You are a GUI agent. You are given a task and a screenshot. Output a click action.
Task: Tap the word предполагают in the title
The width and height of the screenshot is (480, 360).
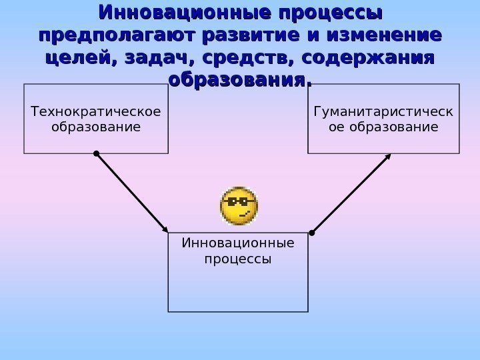(109, 35)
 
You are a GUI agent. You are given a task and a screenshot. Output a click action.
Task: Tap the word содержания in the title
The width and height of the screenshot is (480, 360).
(367, 58)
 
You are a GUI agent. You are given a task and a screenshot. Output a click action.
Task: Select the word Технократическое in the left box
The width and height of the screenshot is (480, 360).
(96, 111)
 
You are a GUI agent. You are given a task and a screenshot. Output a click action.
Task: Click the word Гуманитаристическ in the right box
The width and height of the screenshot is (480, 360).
(383, 111)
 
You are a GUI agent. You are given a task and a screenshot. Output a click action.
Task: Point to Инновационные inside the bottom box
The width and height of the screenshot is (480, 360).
(238, 243)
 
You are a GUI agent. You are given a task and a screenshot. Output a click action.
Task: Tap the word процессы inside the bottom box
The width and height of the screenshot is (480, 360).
(238, 258)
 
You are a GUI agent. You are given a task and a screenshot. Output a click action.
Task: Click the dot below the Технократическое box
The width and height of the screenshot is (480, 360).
(97, 154)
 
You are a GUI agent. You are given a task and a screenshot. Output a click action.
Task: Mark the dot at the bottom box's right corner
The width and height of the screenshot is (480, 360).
(311, 233)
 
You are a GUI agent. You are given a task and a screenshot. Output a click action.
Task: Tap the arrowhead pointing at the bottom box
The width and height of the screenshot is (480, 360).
(165, 229)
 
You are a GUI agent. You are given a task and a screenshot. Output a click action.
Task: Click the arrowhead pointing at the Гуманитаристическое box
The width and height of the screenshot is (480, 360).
(389, 157)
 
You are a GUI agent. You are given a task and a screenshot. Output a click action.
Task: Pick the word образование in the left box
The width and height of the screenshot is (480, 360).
(96, 125)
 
